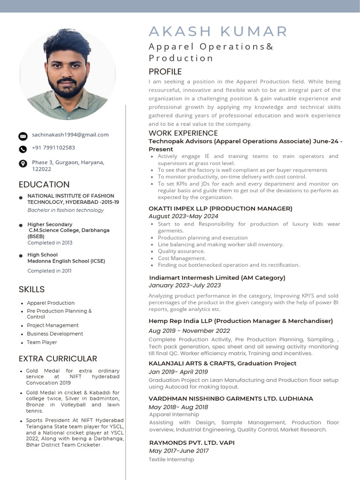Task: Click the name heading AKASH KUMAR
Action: [218, 31]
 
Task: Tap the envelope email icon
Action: [23, 136]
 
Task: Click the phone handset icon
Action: [23, 149]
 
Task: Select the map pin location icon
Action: [23, 164]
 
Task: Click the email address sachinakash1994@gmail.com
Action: [70, 135]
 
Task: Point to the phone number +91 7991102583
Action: [53, 148]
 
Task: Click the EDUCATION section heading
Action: [44, 184]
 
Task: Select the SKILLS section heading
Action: [32, 289]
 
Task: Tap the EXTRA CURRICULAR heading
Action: [58, 359]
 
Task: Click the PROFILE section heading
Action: [165, 72]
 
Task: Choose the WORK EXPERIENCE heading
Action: [183, 133]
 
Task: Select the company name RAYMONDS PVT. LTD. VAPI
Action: [192, 442]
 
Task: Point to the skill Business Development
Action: [55, 334]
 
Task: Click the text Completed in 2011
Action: [49, 271]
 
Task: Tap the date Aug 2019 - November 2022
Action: [189, 330]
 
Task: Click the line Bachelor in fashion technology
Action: [66, 210]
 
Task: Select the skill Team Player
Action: [42, 342]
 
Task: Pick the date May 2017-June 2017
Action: [179, 451]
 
